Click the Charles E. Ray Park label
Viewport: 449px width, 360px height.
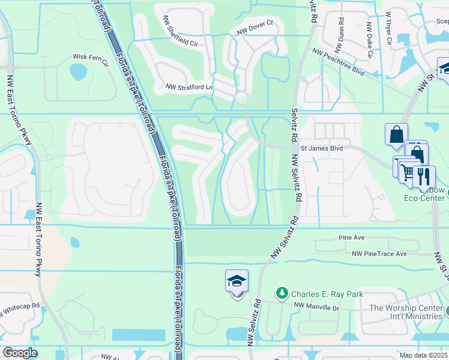[327, 294]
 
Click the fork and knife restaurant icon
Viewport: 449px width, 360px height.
[424, 176]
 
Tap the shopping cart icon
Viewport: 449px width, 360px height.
[408, 172]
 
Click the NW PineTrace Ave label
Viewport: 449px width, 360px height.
[379, 254]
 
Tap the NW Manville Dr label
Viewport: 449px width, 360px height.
[316, 307]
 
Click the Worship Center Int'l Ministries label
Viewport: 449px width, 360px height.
[406, 312]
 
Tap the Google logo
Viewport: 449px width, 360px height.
[20, 353]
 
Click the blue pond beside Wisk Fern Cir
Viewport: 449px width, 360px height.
[78, 72]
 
